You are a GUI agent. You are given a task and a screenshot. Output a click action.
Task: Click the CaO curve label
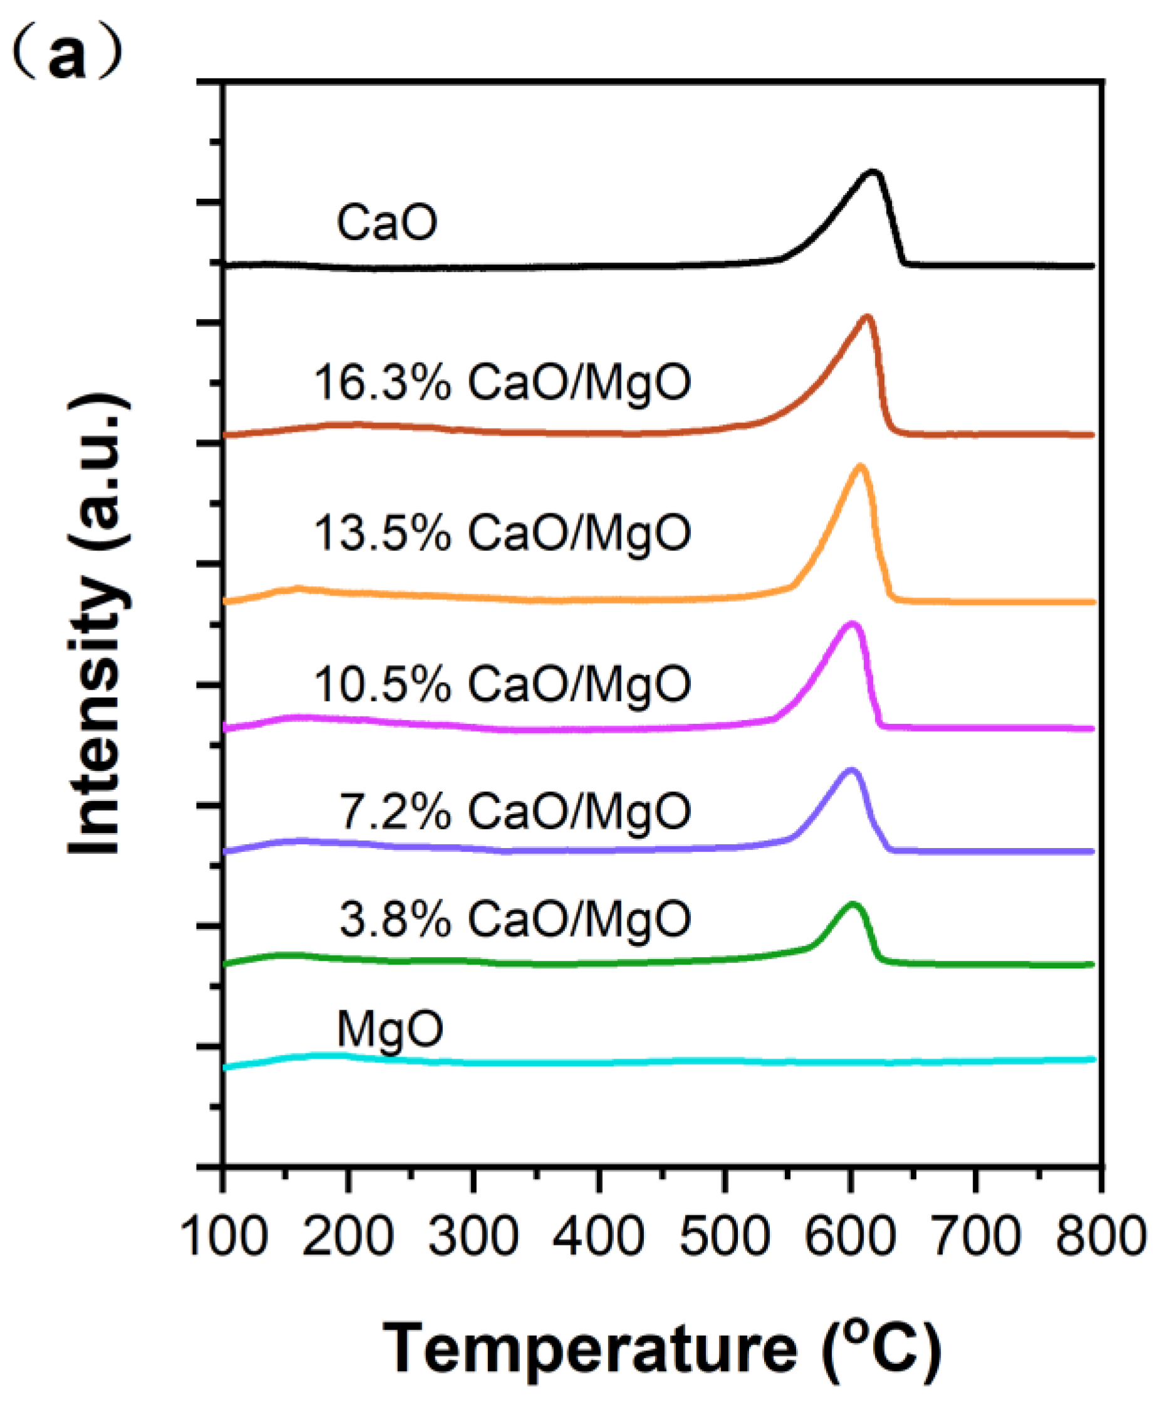[386, 223]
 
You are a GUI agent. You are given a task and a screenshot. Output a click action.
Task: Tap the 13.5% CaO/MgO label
[502, 533]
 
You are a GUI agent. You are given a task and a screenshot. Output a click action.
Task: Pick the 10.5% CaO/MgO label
[502, 684]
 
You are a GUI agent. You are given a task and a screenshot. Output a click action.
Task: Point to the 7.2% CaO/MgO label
[515, 811]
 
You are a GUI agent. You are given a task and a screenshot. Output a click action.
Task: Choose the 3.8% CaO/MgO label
[515, 919]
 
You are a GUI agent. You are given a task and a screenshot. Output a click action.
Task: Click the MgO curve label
[390, 1029]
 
